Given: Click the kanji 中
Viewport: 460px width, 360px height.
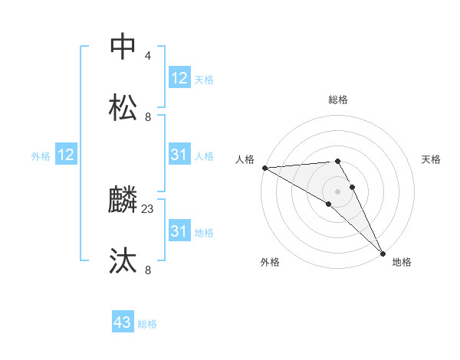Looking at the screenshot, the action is [x=123, y=46].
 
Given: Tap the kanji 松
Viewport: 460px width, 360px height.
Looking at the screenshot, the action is [x=123, y=107].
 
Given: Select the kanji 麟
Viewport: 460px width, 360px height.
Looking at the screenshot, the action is [x=123, y=200].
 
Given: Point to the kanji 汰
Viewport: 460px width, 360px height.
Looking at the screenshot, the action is [x=123, y=261].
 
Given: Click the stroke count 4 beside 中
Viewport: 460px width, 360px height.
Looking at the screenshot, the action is [x=148, y=56].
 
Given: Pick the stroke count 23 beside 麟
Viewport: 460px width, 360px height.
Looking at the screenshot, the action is [x=149, y=208].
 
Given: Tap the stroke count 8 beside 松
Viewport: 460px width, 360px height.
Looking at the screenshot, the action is [x=148, y=117].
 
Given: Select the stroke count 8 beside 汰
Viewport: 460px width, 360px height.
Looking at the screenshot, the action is [x=148, y=270].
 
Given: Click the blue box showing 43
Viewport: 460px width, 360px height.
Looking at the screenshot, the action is [x=123, y=323].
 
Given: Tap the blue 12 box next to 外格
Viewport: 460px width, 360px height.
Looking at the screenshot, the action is [x=66, y=155].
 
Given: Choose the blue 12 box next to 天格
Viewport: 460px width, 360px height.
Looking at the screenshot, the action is [x=179, y=78].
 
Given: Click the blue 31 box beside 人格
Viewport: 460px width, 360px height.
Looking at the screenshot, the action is [x=179, y=155].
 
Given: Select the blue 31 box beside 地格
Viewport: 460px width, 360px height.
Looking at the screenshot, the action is [x=179, y=231].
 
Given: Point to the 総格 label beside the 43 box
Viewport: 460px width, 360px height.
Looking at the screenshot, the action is [x=147, y=324].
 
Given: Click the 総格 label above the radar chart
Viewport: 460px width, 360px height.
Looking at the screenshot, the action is [x=338, y=100].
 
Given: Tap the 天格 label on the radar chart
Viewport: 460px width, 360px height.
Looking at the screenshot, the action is [x=432, y=159].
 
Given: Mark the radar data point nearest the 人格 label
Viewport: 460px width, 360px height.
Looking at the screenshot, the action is [x=264, y=168].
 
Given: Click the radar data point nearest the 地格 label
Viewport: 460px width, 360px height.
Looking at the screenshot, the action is [x=382, y=253].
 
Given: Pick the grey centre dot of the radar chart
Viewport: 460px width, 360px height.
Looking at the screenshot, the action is [x=338, y=191].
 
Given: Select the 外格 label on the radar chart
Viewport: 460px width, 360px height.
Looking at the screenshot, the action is [x=270, y=262].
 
